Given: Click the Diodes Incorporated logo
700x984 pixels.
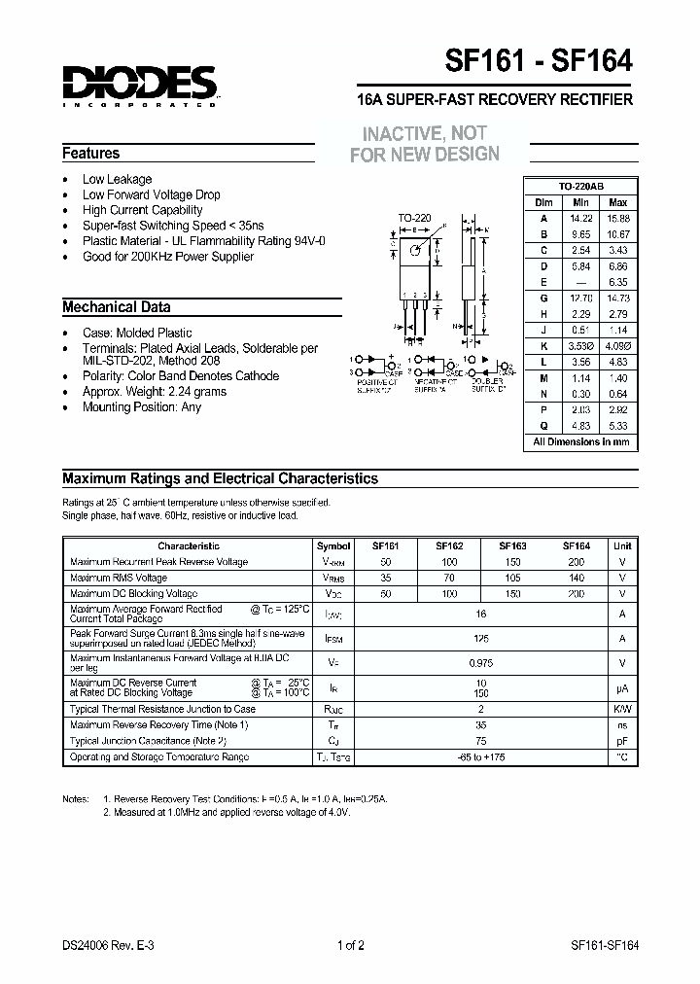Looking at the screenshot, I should click(139, 86).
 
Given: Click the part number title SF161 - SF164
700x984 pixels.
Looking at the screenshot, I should click(539, 61).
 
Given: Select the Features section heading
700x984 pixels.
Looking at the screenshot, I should click(91, 153).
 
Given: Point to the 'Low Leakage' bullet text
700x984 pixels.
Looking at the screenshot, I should click(117, 179).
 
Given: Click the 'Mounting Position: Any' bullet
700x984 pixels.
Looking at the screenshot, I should click(141, 407).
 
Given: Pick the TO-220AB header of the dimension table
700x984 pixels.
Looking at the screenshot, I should click(580, 186).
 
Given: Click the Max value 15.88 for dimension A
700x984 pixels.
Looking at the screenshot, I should click(616, 218).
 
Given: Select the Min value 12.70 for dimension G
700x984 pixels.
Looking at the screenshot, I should click(579, 298).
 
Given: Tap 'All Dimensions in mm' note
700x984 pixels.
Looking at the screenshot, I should click(580, 441).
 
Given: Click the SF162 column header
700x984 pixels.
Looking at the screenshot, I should click(448, 546).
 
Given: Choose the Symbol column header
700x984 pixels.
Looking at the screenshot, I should click(334, 546).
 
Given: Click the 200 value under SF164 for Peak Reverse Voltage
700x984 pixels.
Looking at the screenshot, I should click(576, 562).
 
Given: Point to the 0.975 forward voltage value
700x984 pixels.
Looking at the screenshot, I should click(480, 662).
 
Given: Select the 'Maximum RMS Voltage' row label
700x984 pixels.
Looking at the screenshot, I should click(119, 578).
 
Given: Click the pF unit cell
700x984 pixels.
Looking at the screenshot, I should click(622, 741).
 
